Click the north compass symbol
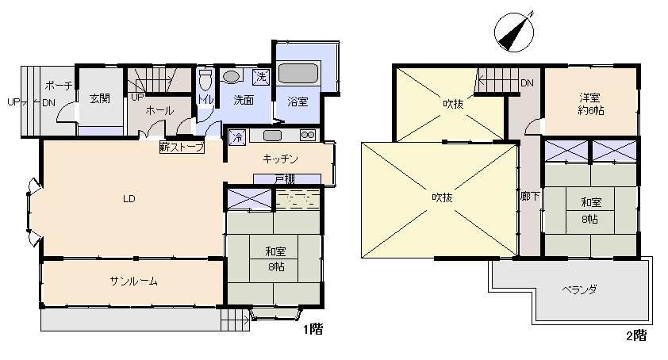coord(514,32)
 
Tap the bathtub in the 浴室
coord(298,73)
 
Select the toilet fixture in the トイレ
coord(205,80)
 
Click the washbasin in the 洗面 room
coord(232,77)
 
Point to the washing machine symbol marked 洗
coord(261,77)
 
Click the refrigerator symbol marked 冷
coord(237,138)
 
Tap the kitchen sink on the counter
coord(272,136)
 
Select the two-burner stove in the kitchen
coord(308,135)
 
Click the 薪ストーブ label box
coord(182,147)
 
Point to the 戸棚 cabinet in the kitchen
coord(286,179)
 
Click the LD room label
coord(129,198)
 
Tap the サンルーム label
coord(134,281)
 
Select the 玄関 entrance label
coord(100,99)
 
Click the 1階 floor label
coord(313,329)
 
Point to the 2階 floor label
coord(636,335)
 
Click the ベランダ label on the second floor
coord(579,290)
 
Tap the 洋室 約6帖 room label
coord(590,104)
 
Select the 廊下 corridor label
coord(530,197)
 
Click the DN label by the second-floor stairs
coord(527,83)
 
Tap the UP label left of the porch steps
coord(13,102)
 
